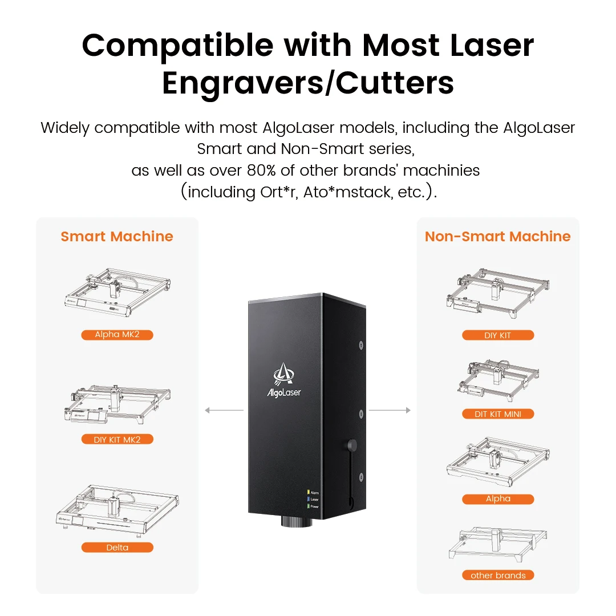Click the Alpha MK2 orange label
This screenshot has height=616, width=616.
(117, 335)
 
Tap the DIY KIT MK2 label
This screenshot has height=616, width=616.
(117, 439)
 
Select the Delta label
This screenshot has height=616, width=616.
(117, 548)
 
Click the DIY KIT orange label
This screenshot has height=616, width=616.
(497, 335)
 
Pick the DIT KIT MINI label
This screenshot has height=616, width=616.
(497, 414)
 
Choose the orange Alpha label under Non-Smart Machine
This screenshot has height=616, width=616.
(497, 499)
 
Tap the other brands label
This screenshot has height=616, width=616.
(497, 575)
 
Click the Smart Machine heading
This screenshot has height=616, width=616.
(117, 237)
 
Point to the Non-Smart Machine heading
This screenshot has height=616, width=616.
(497, 237)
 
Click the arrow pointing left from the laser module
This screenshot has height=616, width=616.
(224, 410)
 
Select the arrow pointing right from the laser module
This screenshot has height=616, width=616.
(390, 410)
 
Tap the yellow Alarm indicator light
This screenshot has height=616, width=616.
(308, 491)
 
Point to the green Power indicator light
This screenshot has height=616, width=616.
(308, 506)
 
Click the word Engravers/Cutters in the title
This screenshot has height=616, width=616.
(308, 83)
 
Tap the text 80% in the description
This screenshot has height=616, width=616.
(264, 170)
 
